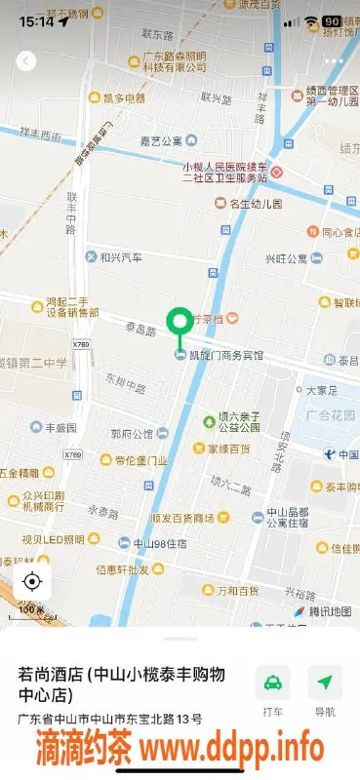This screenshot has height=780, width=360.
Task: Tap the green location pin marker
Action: tap(179, 322)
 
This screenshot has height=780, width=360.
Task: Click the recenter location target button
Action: tap(31, 582)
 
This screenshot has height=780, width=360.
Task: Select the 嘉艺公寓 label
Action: tap(161, 140)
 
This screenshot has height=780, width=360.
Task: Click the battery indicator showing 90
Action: tap(332, 20)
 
